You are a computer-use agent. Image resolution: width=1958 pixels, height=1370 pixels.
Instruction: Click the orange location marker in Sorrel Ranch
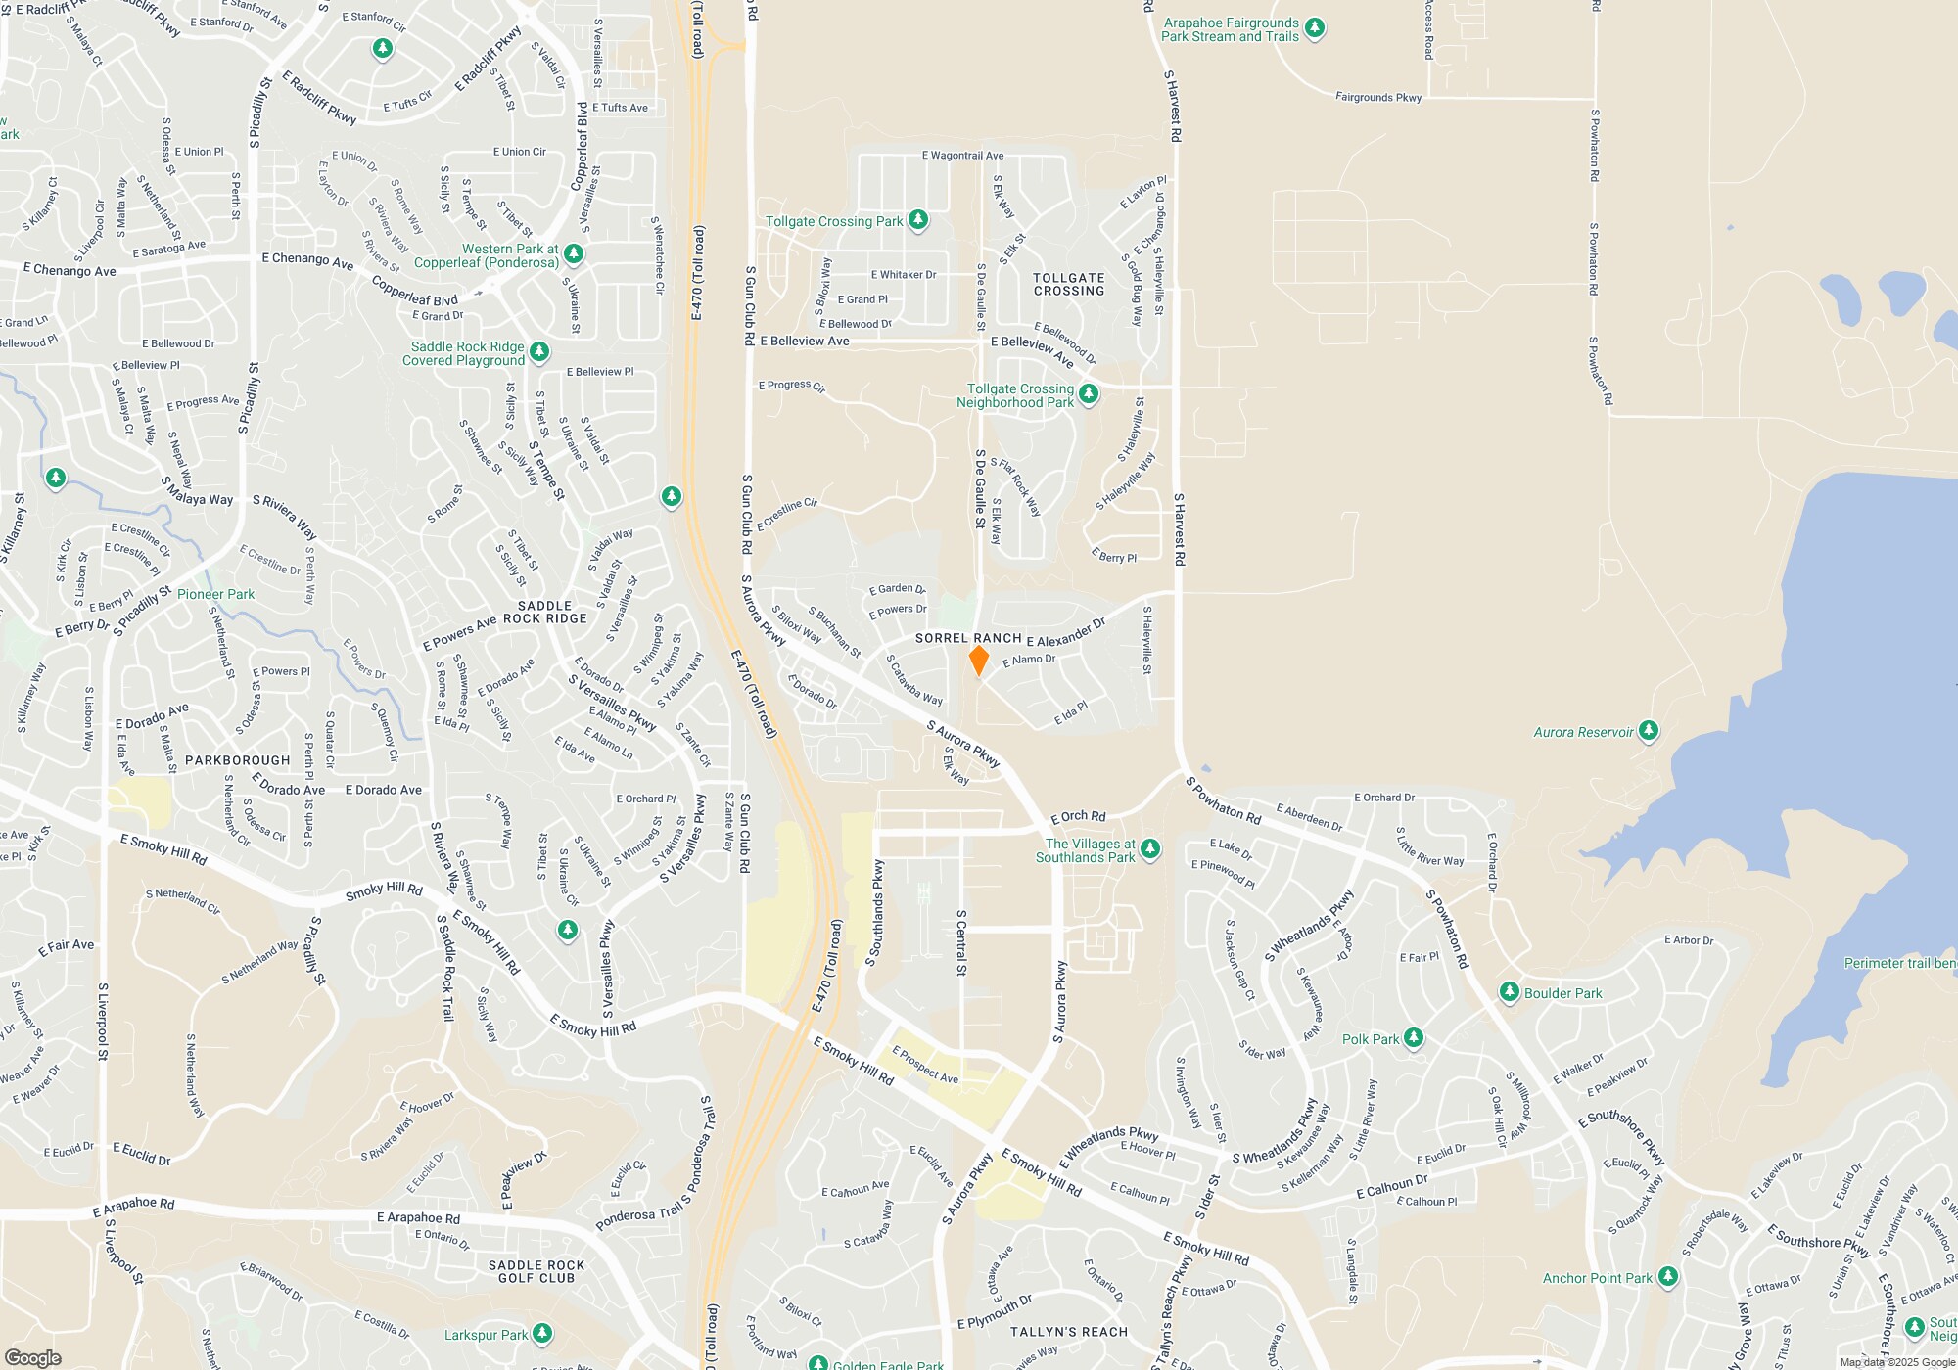pyautogui.click(x=978, y=660)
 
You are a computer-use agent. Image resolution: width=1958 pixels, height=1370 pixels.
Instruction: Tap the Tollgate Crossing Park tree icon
pyautogui.click(x=917, y=220)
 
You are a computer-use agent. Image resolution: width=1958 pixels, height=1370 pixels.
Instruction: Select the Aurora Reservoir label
pyautogui.click(x=1583, y=732)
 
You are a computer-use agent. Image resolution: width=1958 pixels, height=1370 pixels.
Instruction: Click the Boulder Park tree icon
pyautogui.click(x=1509, y=992)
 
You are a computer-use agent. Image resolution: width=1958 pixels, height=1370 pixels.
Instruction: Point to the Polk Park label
pyautogui.click(x=1371, y=1039)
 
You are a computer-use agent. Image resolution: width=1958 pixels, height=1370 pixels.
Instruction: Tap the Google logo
pyautogui.click(x=32, y=1357)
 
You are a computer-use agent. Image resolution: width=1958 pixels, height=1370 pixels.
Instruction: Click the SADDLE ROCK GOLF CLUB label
pyautogui.click(x=536, y=1271)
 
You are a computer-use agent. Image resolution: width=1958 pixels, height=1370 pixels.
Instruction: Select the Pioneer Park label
pyautogui.click(x=215, y=594)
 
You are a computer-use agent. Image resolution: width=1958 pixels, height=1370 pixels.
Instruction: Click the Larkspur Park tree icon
pyautogui.click(x=541, y=1334)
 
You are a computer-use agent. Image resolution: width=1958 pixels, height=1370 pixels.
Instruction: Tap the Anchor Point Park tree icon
pyautogui.click(x=1667, y=1277)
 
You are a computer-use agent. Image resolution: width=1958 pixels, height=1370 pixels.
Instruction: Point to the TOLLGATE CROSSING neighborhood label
pyautogui.click(x=1069, y=285)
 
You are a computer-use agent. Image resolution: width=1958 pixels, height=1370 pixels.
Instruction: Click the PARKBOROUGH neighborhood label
pyautogui.click(x=238, y=760)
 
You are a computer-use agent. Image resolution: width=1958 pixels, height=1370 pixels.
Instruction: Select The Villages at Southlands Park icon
pyautogui.click(x=1150, y=849)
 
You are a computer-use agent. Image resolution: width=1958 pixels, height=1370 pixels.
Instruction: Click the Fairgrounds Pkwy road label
pyautogui.click(x=1378, y=97)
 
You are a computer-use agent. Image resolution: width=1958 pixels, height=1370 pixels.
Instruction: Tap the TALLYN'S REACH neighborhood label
pyautogui.click(x=1069, y=1332)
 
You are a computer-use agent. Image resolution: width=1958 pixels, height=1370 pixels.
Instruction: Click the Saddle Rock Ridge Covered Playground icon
pyautogui.click(x=538, y=351)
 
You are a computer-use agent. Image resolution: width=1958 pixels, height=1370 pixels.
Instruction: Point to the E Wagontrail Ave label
pyautogui.click(x=962, y=156)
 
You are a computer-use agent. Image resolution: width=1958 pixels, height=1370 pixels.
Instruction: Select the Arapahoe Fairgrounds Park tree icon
pyautogui.click(x=1315, y=28)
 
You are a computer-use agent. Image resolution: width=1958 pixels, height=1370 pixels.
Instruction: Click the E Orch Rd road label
pyautogui.click(x=1078, y=816)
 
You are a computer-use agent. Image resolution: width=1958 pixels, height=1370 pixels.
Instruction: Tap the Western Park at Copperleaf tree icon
pyautogui.click(x=574, y=254)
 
